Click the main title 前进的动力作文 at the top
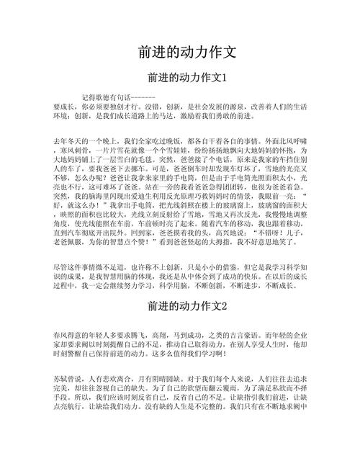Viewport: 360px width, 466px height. [186, 53]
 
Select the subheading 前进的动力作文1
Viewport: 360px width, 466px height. [186, 77]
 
